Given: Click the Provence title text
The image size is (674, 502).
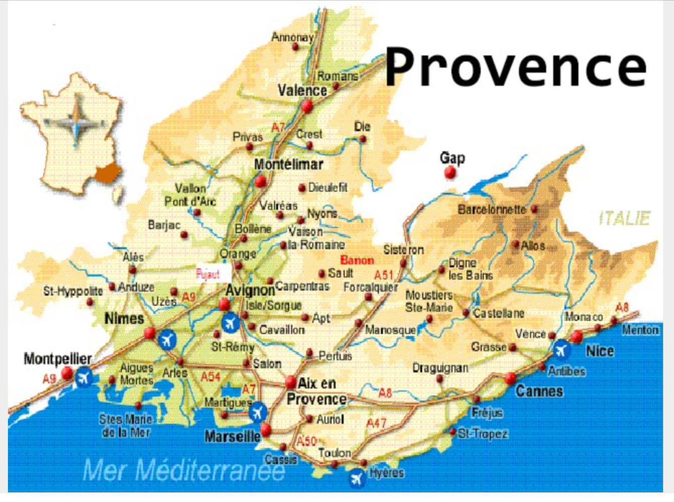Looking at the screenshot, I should point(516,66).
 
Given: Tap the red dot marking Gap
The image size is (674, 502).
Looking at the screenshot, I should point(450,173).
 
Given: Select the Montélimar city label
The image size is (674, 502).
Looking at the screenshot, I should point(288,164).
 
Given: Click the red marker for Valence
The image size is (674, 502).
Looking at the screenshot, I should point(307,106).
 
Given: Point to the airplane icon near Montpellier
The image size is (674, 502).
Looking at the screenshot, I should point(84,377).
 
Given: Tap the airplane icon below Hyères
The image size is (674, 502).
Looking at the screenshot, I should point(357,478).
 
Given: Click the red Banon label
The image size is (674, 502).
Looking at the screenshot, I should point(357,260).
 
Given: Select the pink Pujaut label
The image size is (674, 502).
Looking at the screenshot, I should point(208,274).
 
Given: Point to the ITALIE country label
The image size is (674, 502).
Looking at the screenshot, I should point(625,218).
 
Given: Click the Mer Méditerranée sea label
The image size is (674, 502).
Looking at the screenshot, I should point(184,471).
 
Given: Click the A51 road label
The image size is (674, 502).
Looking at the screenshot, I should point(384,275).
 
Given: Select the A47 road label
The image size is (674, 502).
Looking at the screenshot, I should point(376,423).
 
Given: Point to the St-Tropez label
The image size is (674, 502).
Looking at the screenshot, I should point(483,434).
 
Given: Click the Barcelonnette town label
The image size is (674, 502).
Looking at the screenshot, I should point(491,210).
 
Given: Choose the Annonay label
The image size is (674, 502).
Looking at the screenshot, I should point(292,37).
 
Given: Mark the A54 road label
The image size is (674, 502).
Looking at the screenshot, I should point(211,376).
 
